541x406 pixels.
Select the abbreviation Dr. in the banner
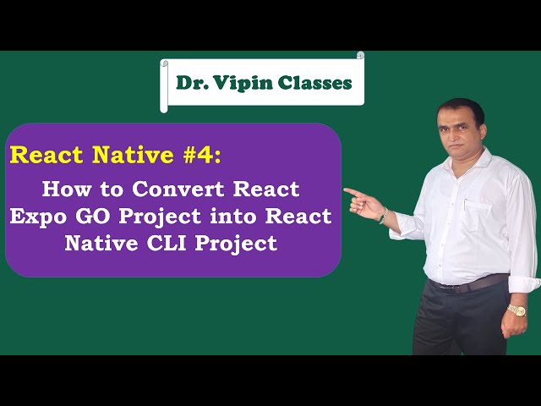190,83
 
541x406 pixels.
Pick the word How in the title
63,188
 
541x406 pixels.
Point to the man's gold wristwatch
516,310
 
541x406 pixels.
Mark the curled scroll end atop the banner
360,56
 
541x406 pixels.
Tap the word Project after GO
159,216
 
